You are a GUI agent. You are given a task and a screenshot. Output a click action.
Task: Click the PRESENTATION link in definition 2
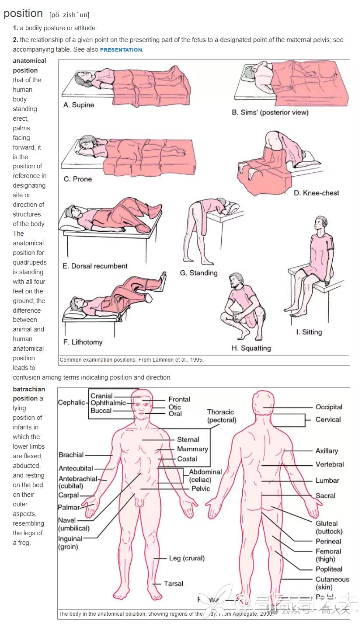(x=121, y=50)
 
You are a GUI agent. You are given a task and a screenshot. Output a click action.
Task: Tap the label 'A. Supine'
(x=79, y=105)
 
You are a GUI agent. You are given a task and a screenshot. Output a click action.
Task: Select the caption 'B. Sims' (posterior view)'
(x=270, y=112)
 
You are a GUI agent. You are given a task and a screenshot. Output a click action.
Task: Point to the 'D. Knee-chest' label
(x=316, y=193)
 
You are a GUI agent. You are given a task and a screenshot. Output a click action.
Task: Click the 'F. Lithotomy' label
(x=83, y=342)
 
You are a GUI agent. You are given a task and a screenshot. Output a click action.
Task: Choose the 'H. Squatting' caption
(x=251, y=348)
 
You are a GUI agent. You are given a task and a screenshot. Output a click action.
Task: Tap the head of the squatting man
(x=236, y=280)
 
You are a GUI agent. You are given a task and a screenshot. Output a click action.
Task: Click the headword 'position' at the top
(x=23, y=14)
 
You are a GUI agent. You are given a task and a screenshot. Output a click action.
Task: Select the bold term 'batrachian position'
(x=27, y=394)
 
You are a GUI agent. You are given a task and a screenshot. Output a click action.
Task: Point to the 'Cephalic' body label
(x=71, y=402)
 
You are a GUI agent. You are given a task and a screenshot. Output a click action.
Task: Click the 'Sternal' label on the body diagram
(x=188, y=439)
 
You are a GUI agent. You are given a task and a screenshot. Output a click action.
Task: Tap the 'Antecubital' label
(x=76, y=468)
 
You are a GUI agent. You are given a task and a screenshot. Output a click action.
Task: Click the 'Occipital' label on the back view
(x=329, y=407)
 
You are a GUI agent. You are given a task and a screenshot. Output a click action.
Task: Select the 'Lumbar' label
(x=327, y=481)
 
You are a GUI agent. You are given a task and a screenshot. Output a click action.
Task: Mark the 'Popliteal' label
(x=329, y=569)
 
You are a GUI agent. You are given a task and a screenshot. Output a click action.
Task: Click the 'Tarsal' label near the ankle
(x=173, y=583)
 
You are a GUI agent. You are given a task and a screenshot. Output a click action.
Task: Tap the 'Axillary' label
(x=327, y=451)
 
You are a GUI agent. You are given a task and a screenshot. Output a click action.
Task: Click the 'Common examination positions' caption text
(x=131, y=360)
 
